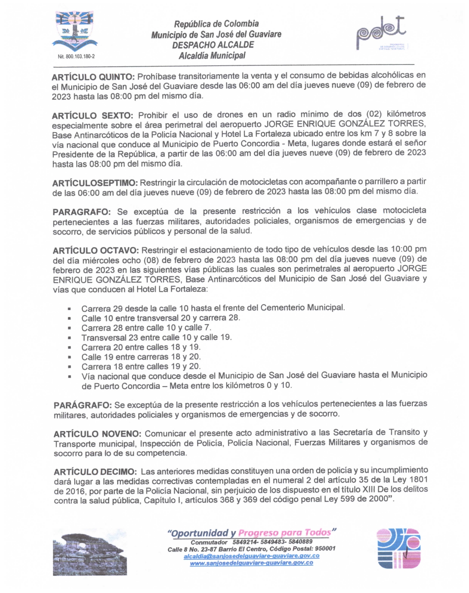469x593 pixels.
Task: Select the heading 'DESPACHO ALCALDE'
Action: [213, 45]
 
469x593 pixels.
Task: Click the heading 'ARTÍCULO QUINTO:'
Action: [93, 77]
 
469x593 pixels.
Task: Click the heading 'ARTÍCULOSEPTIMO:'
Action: [95, 183]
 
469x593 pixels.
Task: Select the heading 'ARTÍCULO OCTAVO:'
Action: [96, 251]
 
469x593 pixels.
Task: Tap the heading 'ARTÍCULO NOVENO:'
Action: [97, 433]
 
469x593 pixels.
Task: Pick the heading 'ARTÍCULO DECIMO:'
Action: [95, 472]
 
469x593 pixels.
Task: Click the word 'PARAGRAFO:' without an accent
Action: [82, 212]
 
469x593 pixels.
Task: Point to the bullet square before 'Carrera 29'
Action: [69, 309]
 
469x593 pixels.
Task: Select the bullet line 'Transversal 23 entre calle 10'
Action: [156, 337]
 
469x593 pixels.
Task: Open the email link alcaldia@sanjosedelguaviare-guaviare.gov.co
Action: [251, 556]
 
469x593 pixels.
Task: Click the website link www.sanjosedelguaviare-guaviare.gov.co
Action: [251, 563]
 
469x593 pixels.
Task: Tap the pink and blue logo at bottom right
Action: [399, 548]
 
